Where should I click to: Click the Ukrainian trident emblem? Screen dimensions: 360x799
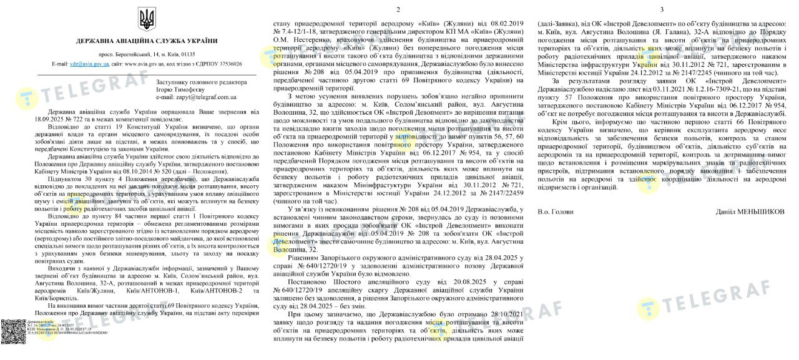[147, 19]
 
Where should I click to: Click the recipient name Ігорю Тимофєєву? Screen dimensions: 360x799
[180, 90]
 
